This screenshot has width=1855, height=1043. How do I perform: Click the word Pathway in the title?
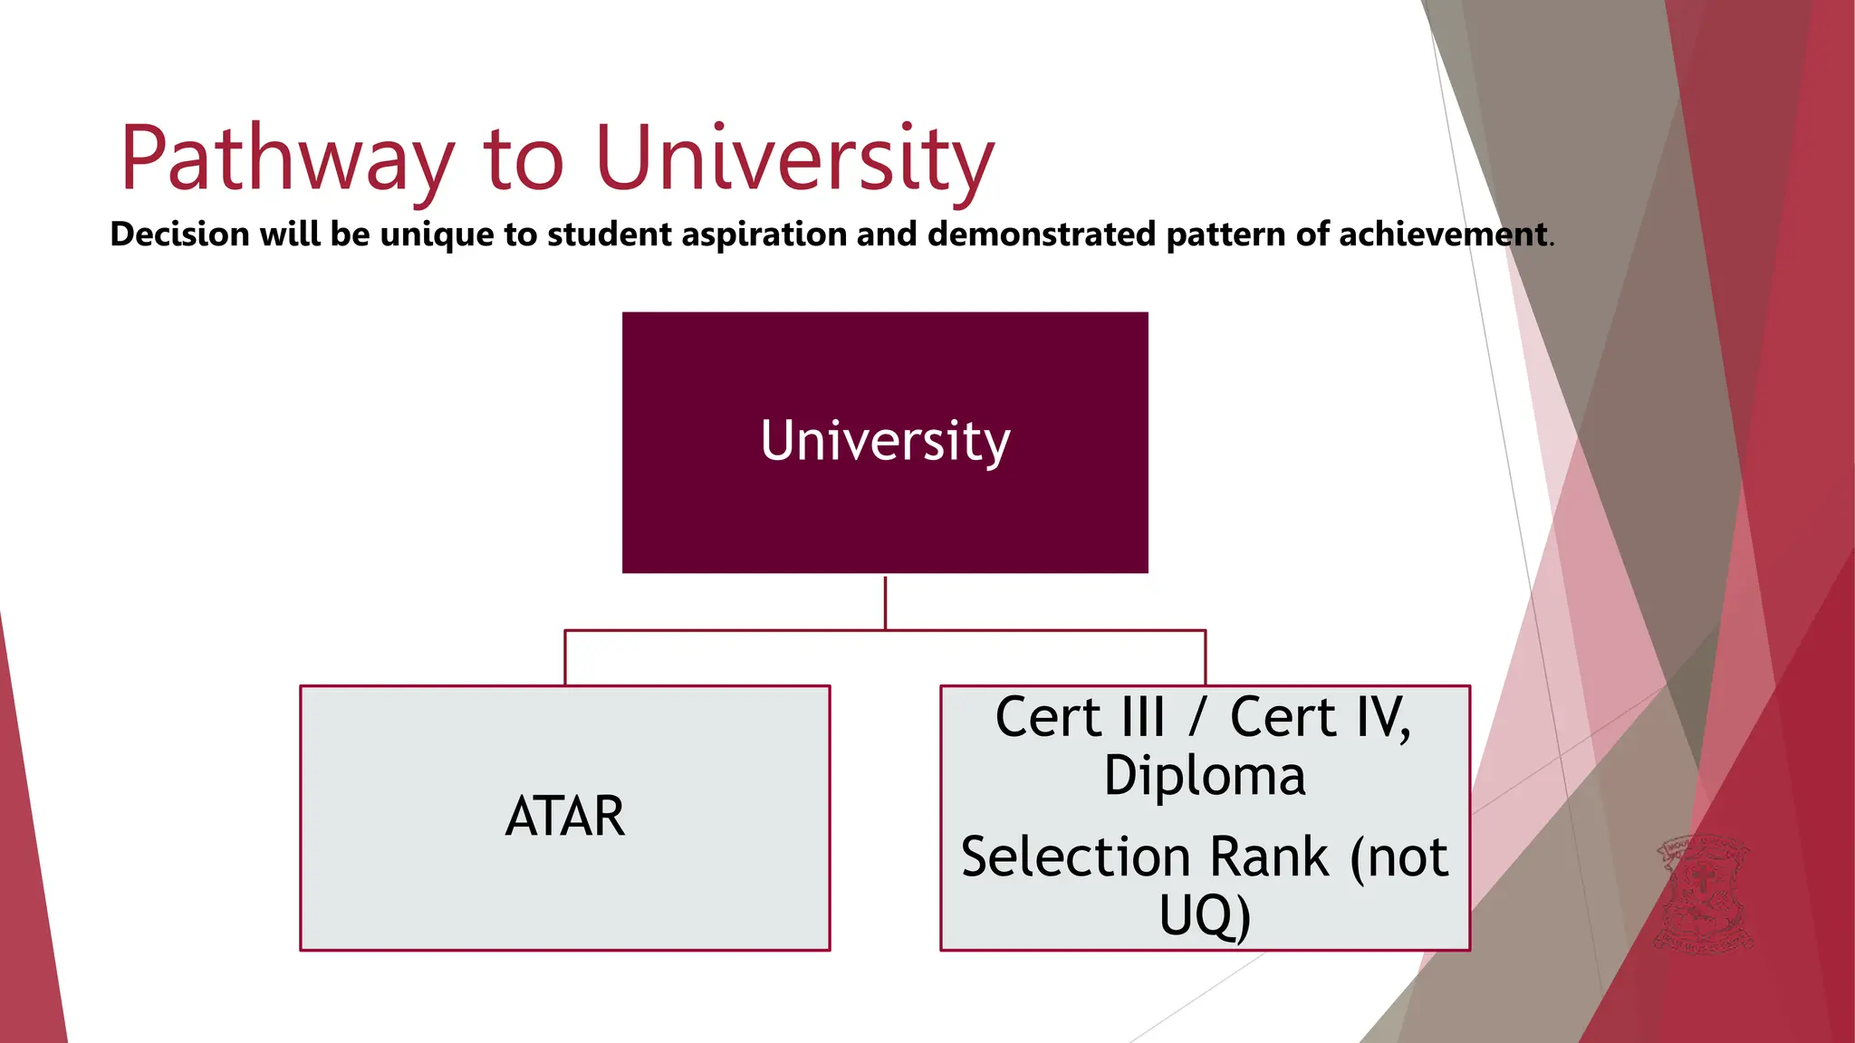pos(286,159)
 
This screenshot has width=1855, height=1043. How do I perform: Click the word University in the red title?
pos(795,159)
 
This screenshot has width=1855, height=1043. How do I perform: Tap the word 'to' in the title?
pos(524,159)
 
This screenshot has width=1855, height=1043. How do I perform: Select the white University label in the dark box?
pos(885,441)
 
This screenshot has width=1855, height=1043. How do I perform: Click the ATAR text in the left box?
pos(564,817)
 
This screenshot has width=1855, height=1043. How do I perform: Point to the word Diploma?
pos(1205,777)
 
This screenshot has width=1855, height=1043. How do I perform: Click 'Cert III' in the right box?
pos(1080,718)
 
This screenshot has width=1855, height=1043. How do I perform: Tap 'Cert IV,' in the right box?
pos(1321,718)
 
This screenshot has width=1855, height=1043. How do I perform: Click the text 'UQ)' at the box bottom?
pos(1205,915)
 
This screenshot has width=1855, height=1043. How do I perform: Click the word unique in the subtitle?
pos(437,234)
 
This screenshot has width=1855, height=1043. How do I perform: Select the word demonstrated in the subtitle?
pos(1042,234)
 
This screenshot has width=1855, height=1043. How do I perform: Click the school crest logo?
pos(1702,894)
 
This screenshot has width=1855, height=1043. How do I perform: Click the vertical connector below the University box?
pos(885,602)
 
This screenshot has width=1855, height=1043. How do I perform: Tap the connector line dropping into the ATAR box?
pos(565,657)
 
